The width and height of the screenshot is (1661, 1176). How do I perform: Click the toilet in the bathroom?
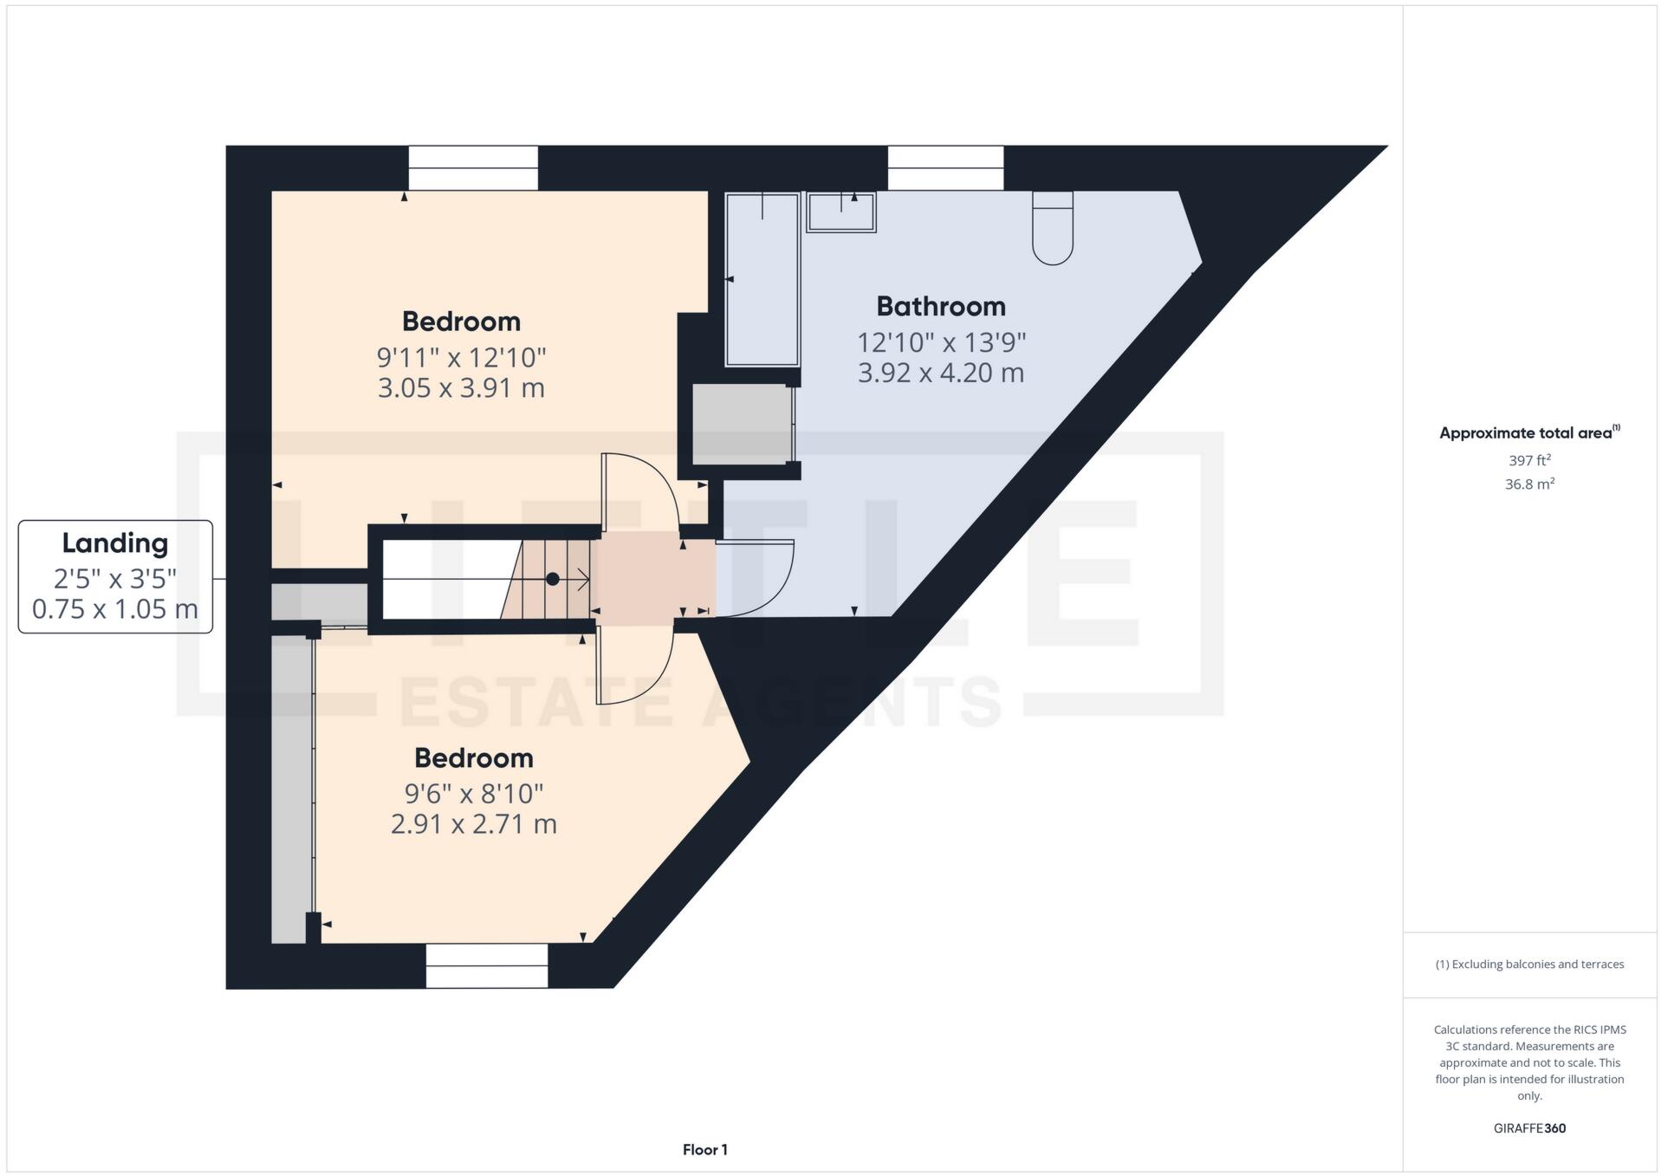click(x=1052, y=230)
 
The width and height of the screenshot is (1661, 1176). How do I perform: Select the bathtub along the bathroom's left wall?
click(x=762, y=279)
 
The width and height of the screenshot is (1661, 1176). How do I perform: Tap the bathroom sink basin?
click(x=840, y=212)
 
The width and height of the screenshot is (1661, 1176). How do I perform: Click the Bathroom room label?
click(x=940, y=306)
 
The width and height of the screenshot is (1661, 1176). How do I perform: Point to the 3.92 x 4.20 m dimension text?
click(x=940, y=373)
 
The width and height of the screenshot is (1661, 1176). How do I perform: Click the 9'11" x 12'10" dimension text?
click(x=461, y=357)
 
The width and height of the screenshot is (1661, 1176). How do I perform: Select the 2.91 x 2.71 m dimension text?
click(x=473, y=823)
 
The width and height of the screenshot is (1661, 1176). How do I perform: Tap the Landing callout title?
click(x=115, y=543)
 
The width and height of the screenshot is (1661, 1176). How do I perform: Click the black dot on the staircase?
click(x=552, y=579)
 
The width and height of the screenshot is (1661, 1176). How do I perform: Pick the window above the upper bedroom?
click(x=473, y=168)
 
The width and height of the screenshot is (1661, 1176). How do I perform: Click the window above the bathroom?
click(x=945, y=168)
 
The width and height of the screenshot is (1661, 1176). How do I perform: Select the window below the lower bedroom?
click(x=486, y=965)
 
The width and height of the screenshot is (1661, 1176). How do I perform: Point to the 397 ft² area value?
click(x=1529, y=460)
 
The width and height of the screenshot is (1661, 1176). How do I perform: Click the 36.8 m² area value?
click(x=1529, y=484)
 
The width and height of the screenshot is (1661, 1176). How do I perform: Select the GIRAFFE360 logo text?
click(x=1529, y=1128)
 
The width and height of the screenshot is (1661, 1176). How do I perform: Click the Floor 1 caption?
click(x=704, y=1150)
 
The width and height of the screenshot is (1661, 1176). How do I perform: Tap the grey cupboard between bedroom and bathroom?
click(x=742, y=425)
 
